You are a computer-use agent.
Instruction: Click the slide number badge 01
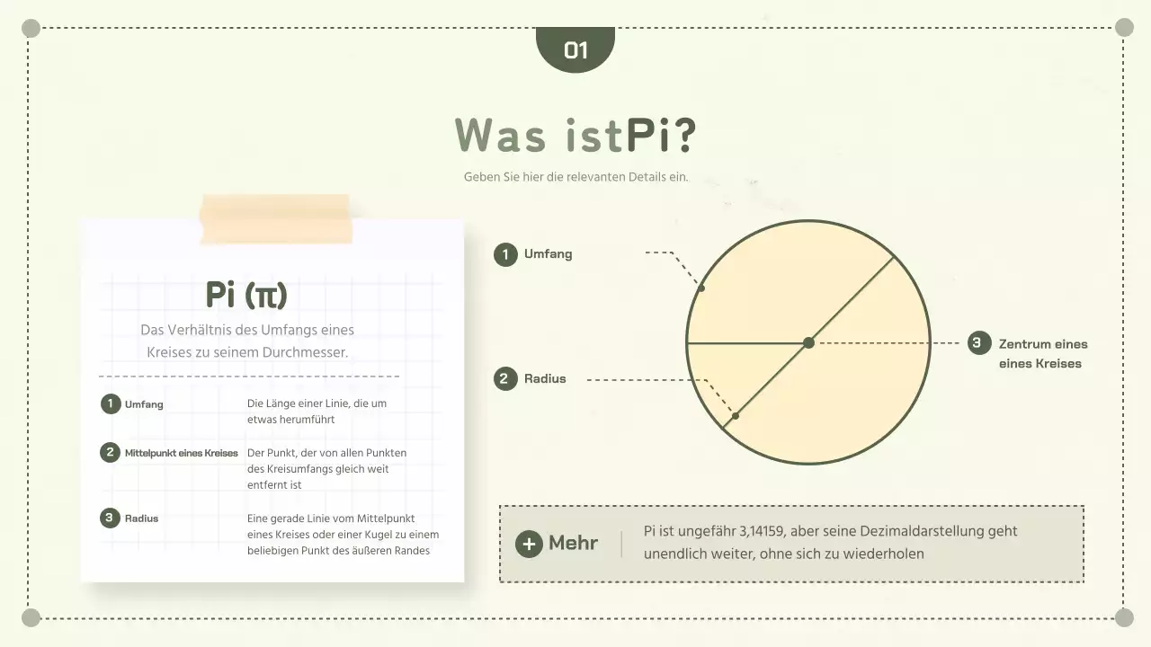(575, 49)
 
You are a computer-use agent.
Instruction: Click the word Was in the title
(500, 136)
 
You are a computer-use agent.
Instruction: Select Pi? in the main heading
(661, 136)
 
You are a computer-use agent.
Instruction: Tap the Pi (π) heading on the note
(246, 294)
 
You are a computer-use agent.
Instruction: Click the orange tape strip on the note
(275, 219)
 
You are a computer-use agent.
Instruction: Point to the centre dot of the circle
(808, 342)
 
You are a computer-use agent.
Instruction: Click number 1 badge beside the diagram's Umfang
(505, 254)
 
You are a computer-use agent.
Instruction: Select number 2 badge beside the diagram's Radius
(505, 378)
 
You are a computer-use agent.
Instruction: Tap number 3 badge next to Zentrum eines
(979, 342)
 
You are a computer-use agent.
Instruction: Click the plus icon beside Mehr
(529, 544)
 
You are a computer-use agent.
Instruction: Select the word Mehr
(573, 543)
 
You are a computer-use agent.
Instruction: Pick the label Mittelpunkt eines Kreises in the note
(181, 453)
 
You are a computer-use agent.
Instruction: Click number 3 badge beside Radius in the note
(110, 518)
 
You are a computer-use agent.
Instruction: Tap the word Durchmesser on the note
(305, 353)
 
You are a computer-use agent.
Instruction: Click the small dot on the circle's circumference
(701, 288)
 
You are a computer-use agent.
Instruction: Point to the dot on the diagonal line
(736, 416)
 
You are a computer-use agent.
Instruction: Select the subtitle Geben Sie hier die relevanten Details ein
(575, 177)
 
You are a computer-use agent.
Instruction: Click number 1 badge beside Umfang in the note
(110, 403)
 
